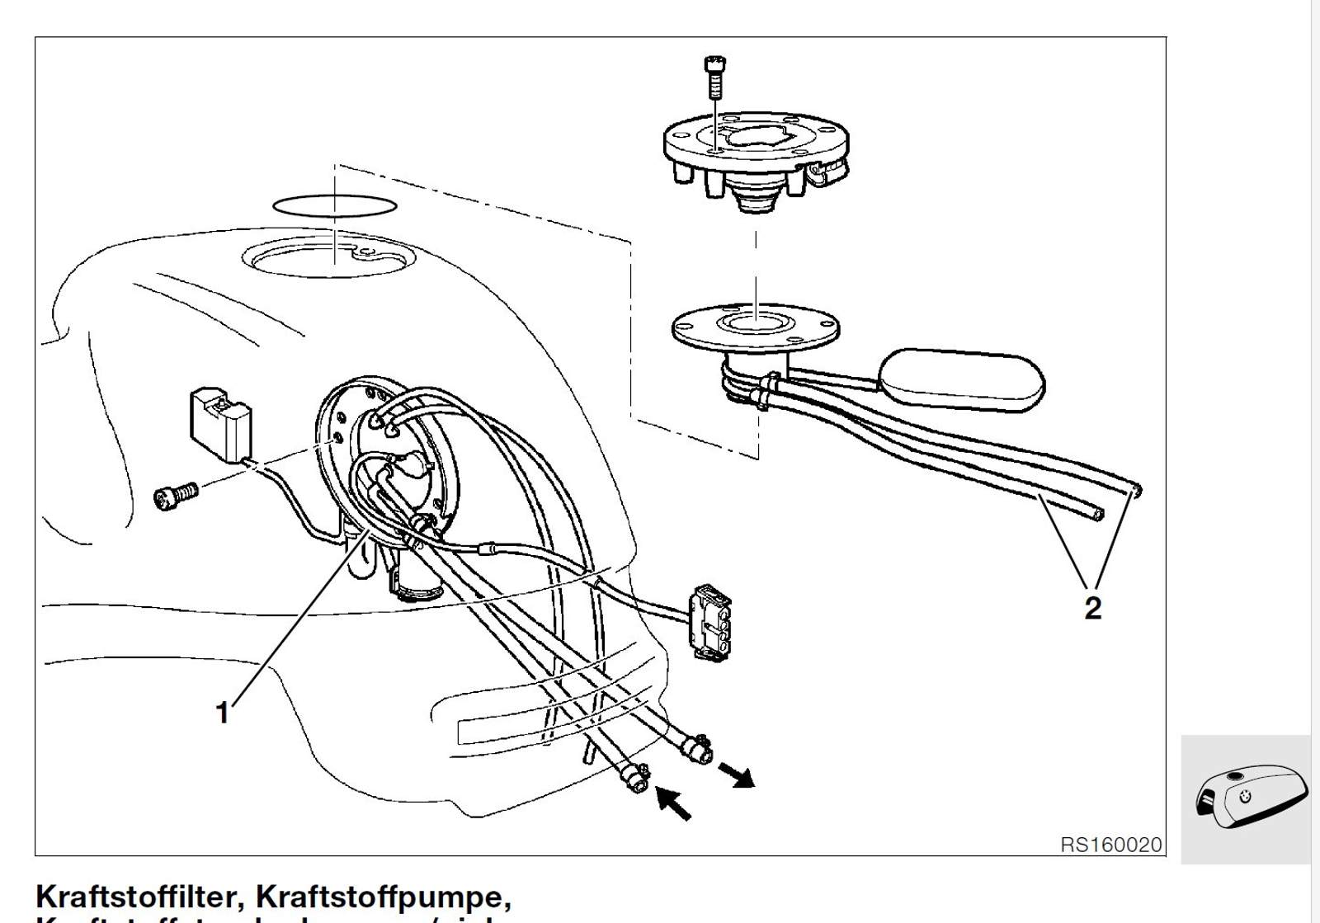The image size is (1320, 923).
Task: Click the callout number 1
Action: [222, 712]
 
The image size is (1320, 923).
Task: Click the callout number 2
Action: [1092, 608]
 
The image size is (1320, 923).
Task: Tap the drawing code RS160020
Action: [1110, 845]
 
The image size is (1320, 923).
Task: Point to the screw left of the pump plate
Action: [176, 494]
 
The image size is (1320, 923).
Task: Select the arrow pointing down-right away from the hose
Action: [737, 775]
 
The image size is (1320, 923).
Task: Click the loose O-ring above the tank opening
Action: [334, 205]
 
